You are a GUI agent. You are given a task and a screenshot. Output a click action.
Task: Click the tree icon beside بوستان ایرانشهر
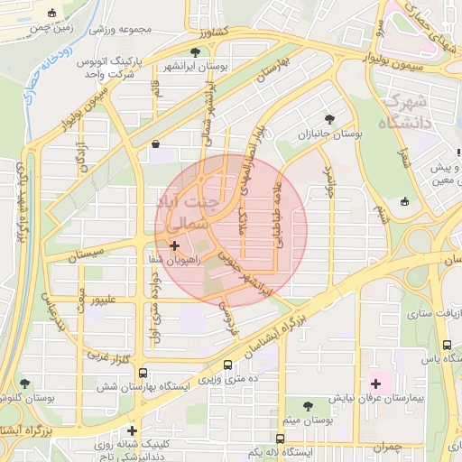[196, 52]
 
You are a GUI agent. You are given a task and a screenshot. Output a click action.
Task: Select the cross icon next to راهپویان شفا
[174, 245]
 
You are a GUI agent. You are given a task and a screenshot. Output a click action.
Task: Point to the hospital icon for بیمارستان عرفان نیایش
[375, 384]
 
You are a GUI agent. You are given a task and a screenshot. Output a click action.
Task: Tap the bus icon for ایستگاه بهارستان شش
[143, 374]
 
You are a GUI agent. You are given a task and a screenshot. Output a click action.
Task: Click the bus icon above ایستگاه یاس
[447, 345]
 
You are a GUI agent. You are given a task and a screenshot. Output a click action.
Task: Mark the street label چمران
[385, 447]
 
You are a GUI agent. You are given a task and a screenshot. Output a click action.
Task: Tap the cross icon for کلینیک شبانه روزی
[133, 430]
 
